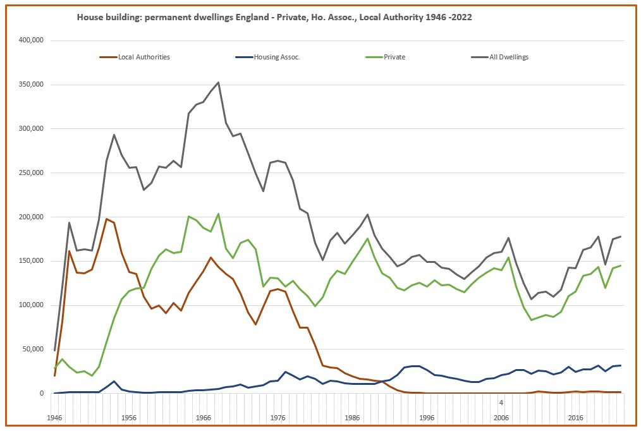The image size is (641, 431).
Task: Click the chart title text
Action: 274,18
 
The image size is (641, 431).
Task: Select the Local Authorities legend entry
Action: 144,57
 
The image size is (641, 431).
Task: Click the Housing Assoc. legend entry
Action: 276,57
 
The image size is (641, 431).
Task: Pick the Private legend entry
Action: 394,57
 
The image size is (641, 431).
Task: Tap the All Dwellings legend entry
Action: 508,57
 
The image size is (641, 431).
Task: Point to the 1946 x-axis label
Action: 54,418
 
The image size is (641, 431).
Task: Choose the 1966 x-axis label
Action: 203,418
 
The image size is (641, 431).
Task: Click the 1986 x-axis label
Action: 352,418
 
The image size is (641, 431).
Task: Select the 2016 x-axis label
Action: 575,418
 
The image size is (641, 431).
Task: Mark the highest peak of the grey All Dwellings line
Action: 218,82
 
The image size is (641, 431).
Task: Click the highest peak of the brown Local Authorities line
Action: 106,219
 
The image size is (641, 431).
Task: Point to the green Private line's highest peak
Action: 218,214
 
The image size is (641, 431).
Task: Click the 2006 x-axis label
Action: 501,418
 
